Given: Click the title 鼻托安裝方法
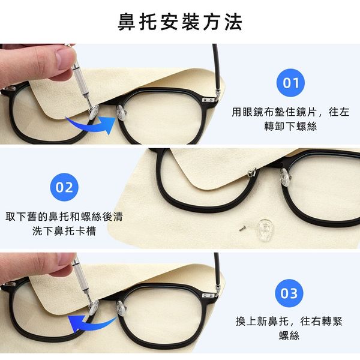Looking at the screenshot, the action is click(x=180, y=22).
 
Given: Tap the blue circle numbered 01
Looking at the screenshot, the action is click(x=290, y=83).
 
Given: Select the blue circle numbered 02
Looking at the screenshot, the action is click(x=64, y=187).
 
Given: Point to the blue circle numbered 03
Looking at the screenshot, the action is click(x=289, y=293).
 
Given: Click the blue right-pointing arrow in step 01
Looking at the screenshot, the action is click(x=92, y=126).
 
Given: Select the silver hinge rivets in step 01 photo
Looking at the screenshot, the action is click(x=208, y=100).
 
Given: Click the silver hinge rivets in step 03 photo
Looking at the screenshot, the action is click(x=208, y=296).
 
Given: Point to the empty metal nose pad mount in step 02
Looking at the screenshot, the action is click(x=252, y=172).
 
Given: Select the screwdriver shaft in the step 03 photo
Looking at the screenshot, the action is click(x=82, y=280).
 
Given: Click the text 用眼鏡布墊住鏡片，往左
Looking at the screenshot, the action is click(x=290, y=112).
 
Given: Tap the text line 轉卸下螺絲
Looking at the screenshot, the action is click(x=290, y=126).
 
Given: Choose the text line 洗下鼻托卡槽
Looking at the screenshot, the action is click(x=64, y=231).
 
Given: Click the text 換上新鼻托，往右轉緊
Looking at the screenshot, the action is click(x=289, y=321).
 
